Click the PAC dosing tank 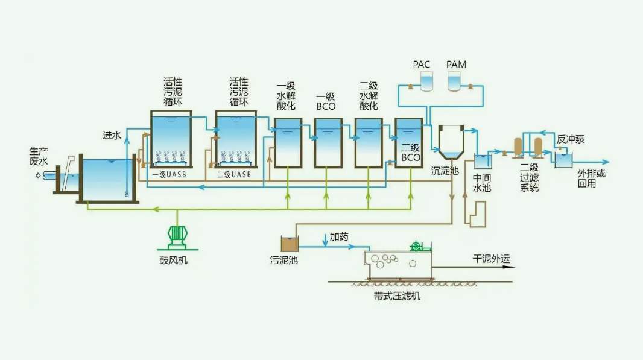pos(426,81)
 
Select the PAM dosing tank pos(455,81)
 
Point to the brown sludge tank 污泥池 pos(290,244)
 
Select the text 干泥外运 pos(491,259)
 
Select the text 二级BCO pos(410,153)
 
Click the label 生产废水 pos(38,156)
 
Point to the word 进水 pos(112,136)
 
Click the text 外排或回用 pos(591,178)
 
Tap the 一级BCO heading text pos(326,102)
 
